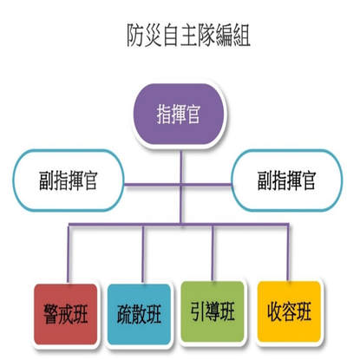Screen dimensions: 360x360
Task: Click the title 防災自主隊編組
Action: [188, 36]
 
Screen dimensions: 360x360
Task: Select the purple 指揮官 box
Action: [180, 114]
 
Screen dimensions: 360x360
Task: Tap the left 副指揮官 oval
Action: [69, 180]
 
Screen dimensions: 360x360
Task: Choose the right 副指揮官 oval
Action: [287, 180]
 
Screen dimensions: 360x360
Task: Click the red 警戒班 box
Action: [66, 314]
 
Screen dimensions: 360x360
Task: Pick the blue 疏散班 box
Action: [140, 314]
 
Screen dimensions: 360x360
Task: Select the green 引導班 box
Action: [213, 311]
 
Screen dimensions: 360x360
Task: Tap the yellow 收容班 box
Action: [290, 311]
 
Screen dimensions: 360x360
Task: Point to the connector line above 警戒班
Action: [69, 254]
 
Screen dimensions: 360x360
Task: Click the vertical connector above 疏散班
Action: [143, 254]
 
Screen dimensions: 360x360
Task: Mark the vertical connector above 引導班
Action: [213, 252]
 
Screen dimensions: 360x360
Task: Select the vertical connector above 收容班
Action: [288, 252]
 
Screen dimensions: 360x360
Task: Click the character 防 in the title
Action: [135, 36]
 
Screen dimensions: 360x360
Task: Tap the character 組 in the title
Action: [241, 36]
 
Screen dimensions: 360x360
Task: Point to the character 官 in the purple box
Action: [193, 114]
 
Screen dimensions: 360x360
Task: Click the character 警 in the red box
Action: [51, 314]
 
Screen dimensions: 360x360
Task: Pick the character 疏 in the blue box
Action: [124, 314]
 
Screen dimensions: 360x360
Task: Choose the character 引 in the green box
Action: [198, 311]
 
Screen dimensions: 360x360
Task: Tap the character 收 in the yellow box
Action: [274, 311]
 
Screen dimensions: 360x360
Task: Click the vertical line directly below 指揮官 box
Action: [180, 184]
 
